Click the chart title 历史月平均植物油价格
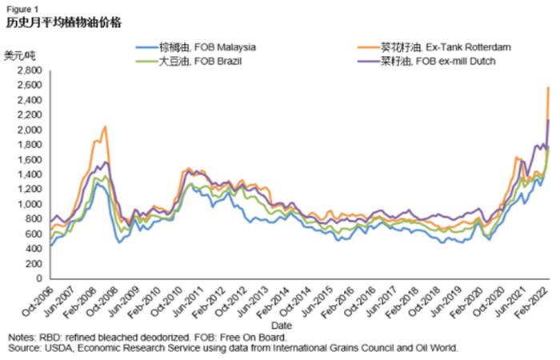pos(64,22)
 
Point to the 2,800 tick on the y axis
pos(28,71)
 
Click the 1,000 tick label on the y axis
pos(28,204)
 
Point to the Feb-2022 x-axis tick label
pos(537,302)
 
